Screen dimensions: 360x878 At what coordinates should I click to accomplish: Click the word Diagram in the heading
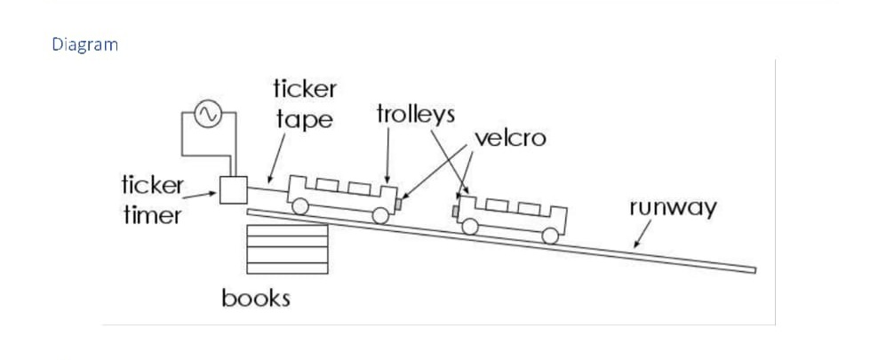(84, 44)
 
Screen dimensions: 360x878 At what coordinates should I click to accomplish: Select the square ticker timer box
(234, 189)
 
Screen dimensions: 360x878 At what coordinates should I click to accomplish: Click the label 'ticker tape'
(304, 104)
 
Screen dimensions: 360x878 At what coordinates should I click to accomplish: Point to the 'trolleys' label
(415, 114)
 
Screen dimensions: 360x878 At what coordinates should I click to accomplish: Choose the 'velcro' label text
(510, 138)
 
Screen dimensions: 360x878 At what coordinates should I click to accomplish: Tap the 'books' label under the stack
(256, 297)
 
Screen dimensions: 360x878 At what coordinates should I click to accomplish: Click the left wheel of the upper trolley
(301, 206)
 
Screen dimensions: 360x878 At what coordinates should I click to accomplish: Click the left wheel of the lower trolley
(470, 226)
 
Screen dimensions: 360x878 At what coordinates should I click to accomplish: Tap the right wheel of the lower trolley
(551, 236)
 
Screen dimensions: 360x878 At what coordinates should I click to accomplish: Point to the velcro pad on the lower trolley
(455, 211)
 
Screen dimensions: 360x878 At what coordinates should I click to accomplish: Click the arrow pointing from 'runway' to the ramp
(641, 235)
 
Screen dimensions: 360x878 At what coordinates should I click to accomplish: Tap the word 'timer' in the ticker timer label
(151, 215)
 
